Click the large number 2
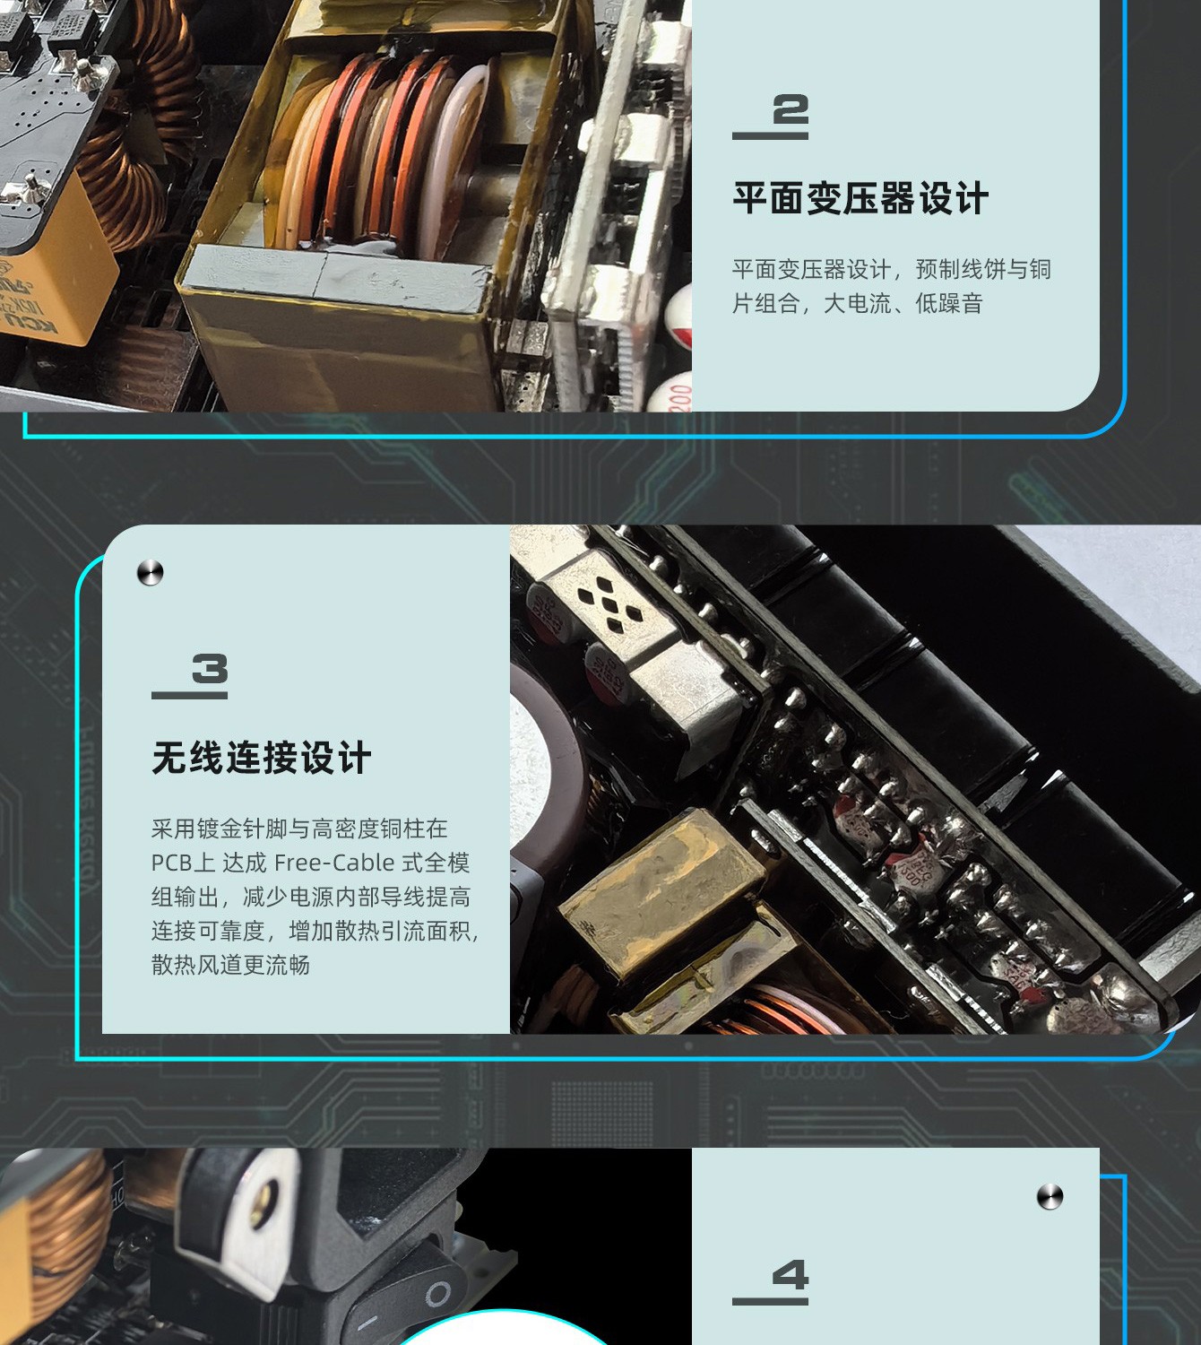coord(791,109)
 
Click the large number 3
coord(210,669)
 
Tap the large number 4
coord(791,1275)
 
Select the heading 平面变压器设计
coord(860,198)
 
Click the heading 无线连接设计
coord(262,758)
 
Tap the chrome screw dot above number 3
coord(150,572)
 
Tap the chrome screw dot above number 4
coord(1050,1196)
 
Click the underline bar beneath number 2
coord(771,136)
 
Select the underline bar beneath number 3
coord(190,695)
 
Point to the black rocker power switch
coord(405,1300)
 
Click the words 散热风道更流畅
coord(231,965)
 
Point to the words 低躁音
coord(949,303)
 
